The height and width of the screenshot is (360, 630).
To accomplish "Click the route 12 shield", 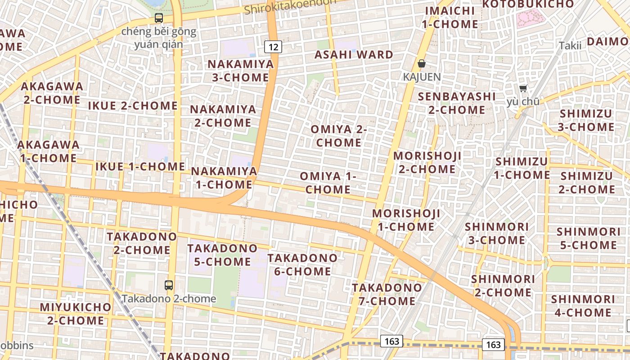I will pyautogui.click(x=273, y=46).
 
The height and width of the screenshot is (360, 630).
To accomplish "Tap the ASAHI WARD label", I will pyautogui.click(x=354, y=55).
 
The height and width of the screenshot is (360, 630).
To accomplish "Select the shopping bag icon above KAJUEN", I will pyautogui.click(x=422, y=63).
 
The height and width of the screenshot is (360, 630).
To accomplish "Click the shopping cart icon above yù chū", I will pyautogui.click(x=523, y=88).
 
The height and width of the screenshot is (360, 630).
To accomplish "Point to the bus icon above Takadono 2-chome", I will pyautogui.click(x=169, y=285).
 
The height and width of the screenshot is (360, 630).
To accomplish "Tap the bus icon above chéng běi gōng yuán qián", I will pyautogui.click(x=158, y=18).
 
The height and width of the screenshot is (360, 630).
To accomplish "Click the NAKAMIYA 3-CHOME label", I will pyautogui.click(x=240, y=71).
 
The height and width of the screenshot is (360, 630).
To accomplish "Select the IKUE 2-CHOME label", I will pyautogui.click(x=133, y=106).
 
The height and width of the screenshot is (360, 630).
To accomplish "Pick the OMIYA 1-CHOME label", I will pyautogui.click(x=328, y=183).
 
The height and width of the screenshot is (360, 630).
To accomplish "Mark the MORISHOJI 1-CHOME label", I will pyautogui.click(x=406, y=220).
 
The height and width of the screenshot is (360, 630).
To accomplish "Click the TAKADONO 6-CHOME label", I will pyautogui.click(x=302, y=265).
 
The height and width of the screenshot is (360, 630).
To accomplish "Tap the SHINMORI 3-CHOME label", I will pyautogui.click(x=497, y=233).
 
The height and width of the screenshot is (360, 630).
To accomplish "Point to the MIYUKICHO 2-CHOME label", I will pyautogui.click(x=76, y=314).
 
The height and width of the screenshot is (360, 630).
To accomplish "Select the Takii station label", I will pyautogui.click(x=570, y=45).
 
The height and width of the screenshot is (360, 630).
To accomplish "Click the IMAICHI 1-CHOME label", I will pyautogui.click(x=450, y=17).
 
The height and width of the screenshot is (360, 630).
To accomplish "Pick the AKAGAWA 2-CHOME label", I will pyautogui.click(x=52, y=93).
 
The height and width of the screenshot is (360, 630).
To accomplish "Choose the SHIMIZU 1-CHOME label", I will pyautogui.click(x=522, y=168).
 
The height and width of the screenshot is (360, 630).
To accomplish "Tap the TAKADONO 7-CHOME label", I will pyautogui.click(x=387, y=294).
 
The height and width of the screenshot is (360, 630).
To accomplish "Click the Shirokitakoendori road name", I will pyautogui.click(x=291, y=6).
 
